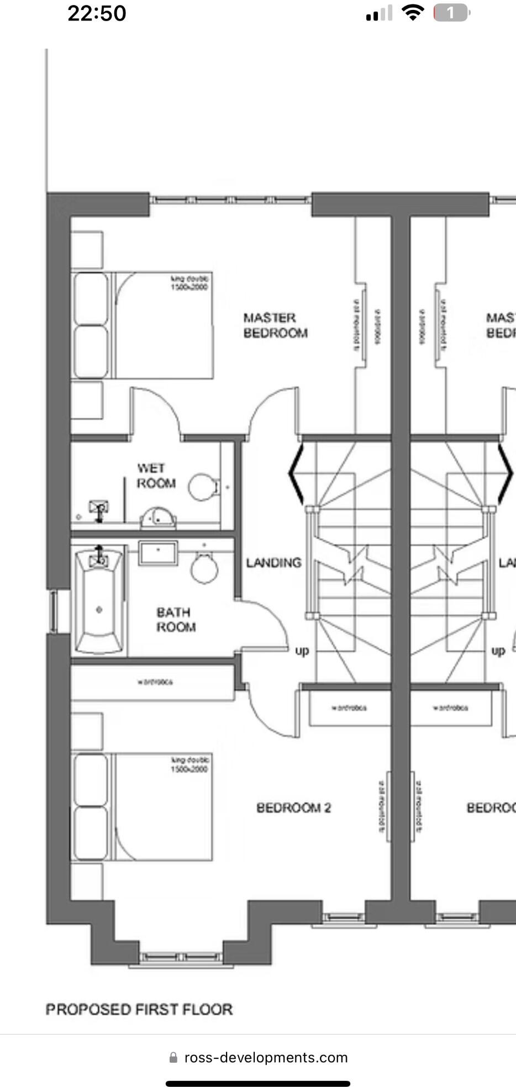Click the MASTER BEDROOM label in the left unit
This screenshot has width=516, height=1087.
[x=275, y=325]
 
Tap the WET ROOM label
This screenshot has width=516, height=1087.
[x=156, y=476]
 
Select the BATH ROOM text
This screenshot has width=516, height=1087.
[x=176, y=620]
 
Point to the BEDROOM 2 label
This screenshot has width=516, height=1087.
[x=293, y=808]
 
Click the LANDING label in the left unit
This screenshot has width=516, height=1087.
[x=273, y=563]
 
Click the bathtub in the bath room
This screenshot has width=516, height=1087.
[x=99, y=601]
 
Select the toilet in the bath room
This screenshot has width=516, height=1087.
[x=204, y=567]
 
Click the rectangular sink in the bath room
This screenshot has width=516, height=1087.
[x=158, y=553]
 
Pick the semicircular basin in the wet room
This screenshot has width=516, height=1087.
[x=158, y=518]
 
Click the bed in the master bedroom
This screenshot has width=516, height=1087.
[x=143, y=325]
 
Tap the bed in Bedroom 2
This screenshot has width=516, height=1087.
[x=143, y=807]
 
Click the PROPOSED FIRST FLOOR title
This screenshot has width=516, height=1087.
[x=139, y=1009]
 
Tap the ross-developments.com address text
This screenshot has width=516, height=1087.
[x=266, y=1057]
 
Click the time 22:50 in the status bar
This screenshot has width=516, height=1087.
[x=97, y=13]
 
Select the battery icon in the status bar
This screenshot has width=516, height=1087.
[x=451, y=13]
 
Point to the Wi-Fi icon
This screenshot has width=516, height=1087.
[x=412, y=12]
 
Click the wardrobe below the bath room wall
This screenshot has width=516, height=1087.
[x=153, y=683]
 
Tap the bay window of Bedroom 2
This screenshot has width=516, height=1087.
[x=180, y=957]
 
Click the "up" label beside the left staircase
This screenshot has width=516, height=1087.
[x=302, y=651]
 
